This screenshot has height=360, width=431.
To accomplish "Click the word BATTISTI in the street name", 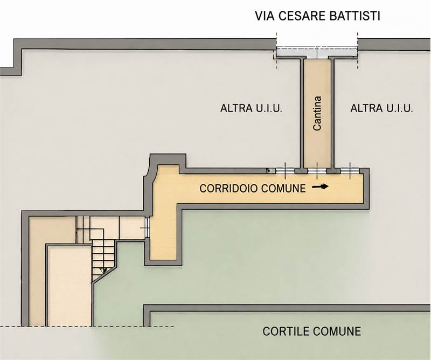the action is tap(355, 16).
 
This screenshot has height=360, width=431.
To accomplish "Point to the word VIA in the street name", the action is tap(265, 16).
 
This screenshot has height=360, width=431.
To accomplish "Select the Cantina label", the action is tap(317, 113).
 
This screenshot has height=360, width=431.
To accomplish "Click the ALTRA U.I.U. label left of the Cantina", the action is tap(251, 108).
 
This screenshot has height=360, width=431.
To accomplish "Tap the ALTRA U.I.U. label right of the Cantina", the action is tap(382, 108).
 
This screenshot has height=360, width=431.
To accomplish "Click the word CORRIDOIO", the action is tap(228, 189).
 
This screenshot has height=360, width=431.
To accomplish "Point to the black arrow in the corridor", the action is tap(320, 187).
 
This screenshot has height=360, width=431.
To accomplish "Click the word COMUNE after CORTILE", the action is tap(336, 331).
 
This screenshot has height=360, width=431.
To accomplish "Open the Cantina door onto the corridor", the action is tap(317, 171).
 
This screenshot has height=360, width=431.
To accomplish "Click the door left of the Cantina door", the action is tap(285, 171).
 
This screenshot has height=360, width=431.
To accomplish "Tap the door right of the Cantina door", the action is tap(350, 171).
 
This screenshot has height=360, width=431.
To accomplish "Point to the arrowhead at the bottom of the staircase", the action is tap(103, 271).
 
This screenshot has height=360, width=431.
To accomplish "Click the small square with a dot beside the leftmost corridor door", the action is tap(271, 171).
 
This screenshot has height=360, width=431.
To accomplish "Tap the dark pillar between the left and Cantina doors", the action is tap(301, 171).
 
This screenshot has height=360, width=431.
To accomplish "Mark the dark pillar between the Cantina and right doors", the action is tap(333, 171).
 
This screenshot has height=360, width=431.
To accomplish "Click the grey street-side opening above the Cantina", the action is tap(317, 52).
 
